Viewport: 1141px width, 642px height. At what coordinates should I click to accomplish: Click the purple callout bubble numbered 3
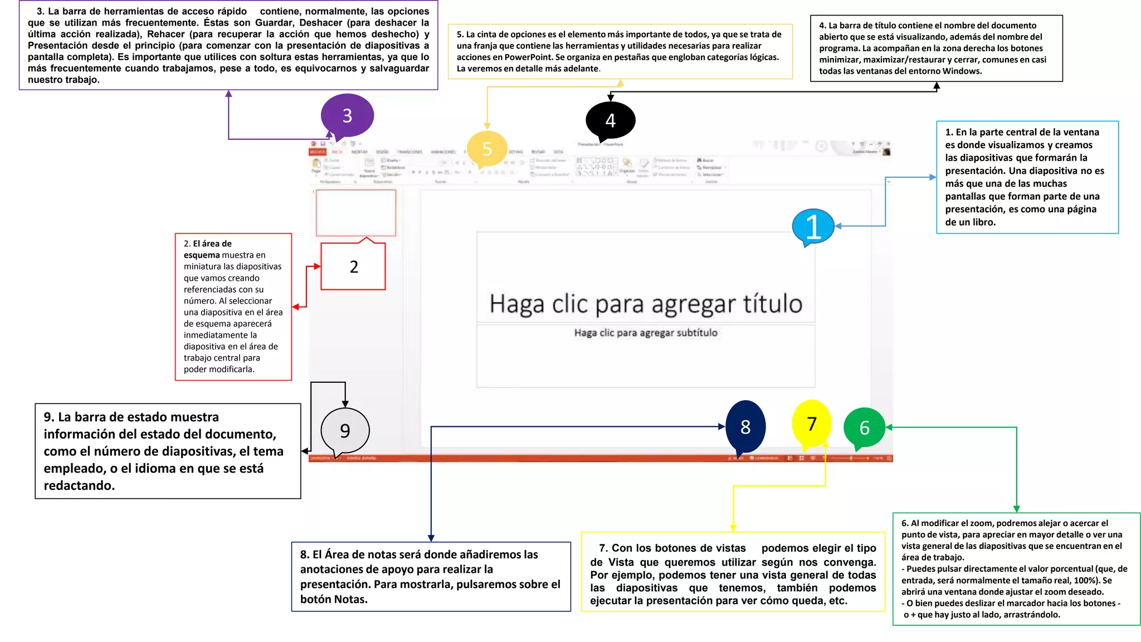tap(347, 115)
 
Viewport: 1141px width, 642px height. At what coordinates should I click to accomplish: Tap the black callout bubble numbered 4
tap(610, 120)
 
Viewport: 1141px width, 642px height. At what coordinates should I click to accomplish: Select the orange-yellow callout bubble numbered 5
tap(487, 149)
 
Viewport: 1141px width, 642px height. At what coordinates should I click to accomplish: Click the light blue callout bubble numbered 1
tap(813, 226)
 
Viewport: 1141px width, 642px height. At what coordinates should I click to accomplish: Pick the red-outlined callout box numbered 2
tap(353, 267)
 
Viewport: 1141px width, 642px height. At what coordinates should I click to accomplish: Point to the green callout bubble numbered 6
tap(864, 428)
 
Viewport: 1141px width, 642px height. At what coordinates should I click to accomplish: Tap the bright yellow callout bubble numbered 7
tap(812, 424)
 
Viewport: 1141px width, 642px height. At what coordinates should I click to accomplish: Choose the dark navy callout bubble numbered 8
tap(745, 427)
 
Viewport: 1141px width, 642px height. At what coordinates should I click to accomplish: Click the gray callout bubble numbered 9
tap(345, 431)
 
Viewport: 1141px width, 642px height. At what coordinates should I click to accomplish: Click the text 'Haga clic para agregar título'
tap(646, 304)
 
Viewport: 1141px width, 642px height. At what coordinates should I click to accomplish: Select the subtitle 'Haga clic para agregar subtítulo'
tap(646, 333)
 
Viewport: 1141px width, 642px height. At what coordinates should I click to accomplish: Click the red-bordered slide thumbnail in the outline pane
tap(356, 212)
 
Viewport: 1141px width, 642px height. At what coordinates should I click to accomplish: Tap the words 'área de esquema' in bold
tap(207, 249)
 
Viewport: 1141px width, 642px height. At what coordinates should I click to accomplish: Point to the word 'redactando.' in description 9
tap(79, 485)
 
